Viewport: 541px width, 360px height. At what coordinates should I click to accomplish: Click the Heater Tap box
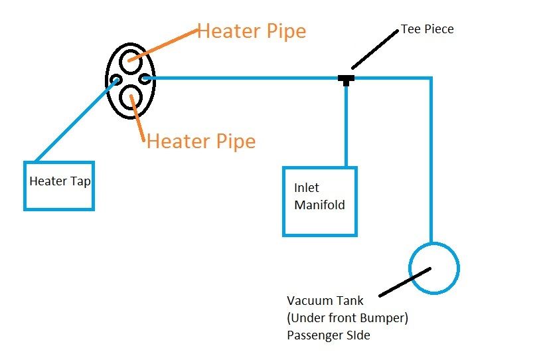tap(59, 186)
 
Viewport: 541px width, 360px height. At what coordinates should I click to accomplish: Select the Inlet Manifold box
tap(319, 201)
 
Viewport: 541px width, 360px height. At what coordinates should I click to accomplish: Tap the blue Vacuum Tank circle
tap(433, 269)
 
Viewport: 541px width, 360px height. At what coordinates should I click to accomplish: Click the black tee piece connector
tap(346, 80)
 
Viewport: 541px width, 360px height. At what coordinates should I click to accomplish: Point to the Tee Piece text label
tap(427, 30)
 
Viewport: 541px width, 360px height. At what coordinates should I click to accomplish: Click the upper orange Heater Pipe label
tap(252, 31)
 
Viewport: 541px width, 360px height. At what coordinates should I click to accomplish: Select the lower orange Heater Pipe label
tap(200, 141)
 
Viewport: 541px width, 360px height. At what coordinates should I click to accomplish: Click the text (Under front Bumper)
tap(347, 318)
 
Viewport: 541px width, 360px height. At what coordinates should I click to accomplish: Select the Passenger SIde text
tap(329, 335)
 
